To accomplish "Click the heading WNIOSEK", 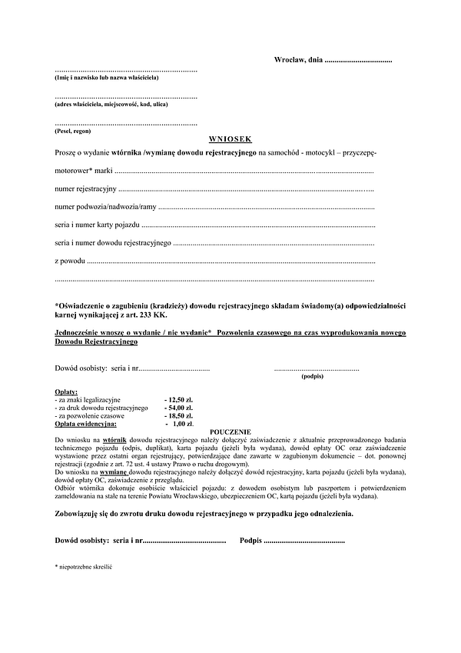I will (x=230, y=141).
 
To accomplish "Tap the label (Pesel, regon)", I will (x=72, y=131).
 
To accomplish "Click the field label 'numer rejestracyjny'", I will (x=85, y=188).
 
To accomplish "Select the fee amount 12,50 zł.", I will (x=179, y=401).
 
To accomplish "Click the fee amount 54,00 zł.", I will (x=179, y=408).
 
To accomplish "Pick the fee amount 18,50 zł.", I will (x=179, y=416).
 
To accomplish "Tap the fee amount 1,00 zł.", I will (x=181, y=424).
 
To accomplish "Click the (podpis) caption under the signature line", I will (x=313, y=377).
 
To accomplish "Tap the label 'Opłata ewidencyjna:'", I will (x=85, y=424).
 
